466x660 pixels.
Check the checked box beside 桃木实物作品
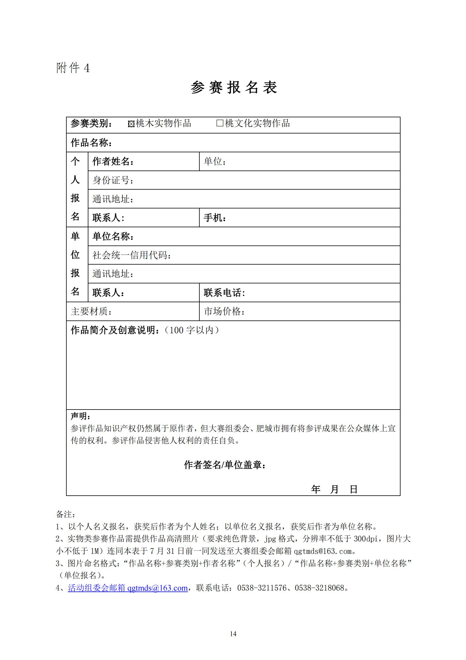pos(131,124)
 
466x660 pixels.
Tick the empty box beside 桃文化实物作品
pos(220,123)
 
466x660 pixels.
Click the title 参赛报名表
pos(234,87)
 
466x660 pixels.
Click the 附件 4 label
pos(73,68)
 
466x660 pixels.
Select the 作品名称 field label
pos(91,143)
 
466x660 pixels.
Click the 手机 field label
pos(215,218)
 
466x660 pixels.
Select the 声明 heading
pos(80,416)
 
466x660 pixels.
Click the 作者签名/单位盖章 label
pos(225,465)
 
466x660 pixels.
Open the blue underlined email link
pos(128,588)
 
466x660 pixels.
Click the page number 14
pos(233,634)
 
